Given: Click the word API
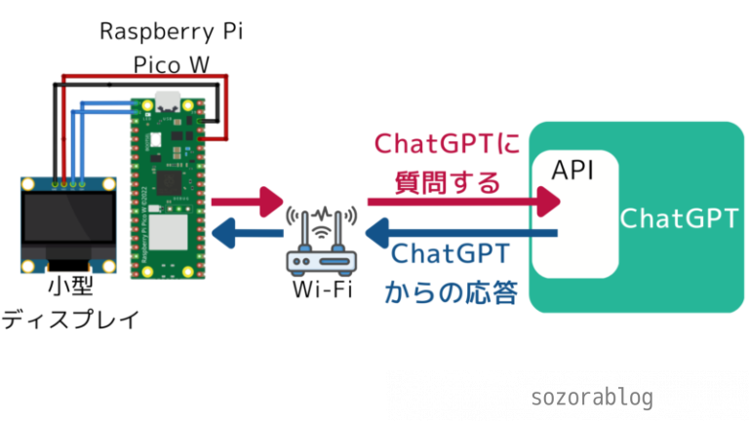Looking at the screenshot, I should (572, 171).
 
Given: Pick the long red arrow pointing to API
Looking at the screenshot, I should (463, 202).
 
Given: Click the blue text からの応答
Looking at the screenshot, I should (451, 291).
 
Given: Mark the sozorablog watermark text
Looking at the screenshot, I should (592, 397).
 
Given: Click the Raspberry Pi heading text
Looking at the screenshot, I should (172, 31).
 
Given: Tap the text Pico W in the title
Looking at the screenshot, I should (172, 65).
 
